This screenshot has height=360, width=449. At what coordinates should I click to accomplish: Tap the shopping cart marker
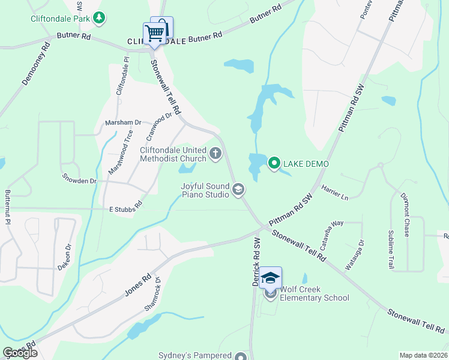tap(154, 34)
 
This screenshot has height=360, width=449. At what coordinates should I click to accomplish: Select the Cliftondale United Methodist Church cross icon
tap(216, 155)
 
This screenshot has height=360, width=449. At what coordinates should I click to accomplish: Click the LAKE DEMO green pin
tap(275, 163)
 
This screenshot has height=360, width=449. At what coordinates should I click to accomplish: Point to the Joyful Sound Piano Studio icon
tap(238, 190)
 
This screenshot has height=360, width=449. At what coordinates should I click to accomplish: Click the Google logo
tap(20, 353)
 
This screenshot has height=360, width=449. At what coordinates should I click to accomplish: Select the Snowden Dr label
tap(79, 179)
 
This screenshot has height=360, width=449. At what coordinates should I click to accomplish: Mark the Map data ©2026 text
tap(423, 355)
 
